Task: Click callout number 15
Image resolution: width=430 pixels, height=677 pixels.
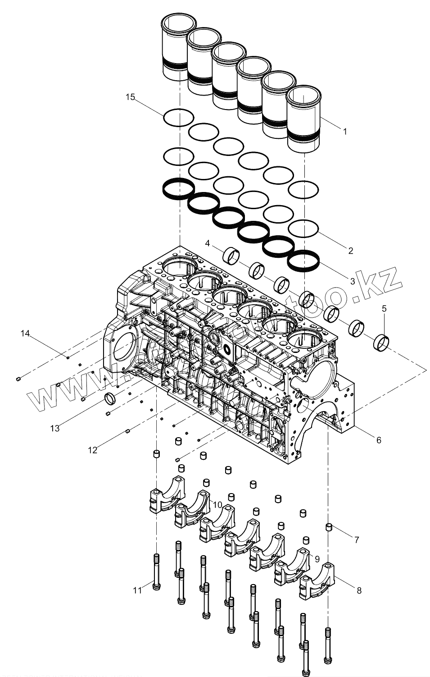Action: (x=130, y=97)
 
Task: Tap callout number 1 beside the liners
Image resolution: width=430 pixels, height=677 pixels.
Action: (x=345, y=132)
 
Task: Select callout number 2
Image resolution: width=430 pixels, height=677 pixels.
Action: (x=350, y=251)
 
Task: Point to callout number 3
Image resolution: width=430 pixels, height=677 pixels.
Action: (x=352, y=280)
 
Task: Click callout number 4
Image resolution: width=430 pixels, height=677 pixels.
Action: (x=208, y=243)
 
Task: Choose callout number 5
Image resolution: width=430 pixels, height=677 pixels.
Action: (x=384, y=309)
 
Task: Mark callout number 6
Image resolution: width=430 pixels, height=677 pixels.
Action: (x=379, y=439)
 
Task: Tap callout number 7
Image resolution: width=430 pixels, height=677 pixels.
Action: (x=357, y=539)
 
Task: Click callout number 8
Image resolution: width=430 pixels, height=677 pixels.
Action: (x=359, y=590)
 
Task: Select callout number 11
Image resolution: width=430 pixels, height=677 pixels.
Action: (x=138, y=589)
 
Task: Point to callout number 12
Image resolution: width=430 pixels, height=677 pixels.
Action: (x=92, y=450)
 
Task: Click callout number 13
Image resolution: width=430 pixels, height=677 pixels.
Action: (x=54, y=428)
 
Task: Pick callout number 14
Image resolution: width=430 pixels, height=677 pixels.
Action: (x=25, y=334)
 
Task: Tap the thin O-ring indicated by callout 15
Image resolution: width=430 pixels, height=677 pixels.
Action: (x=179, y=118)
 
